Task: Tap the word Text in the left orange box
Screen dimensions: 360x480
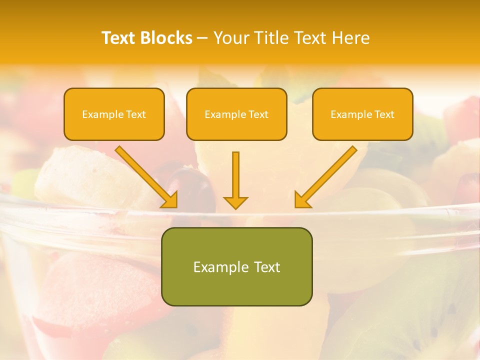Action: (136, 114)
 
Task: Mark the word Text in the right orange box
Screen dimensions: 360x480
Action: (384, 114)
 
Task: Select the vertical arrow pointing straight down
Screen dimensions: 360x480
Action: (235, 175)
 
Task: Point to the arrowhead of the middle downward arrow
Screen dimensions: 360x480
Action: (235, 202)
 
